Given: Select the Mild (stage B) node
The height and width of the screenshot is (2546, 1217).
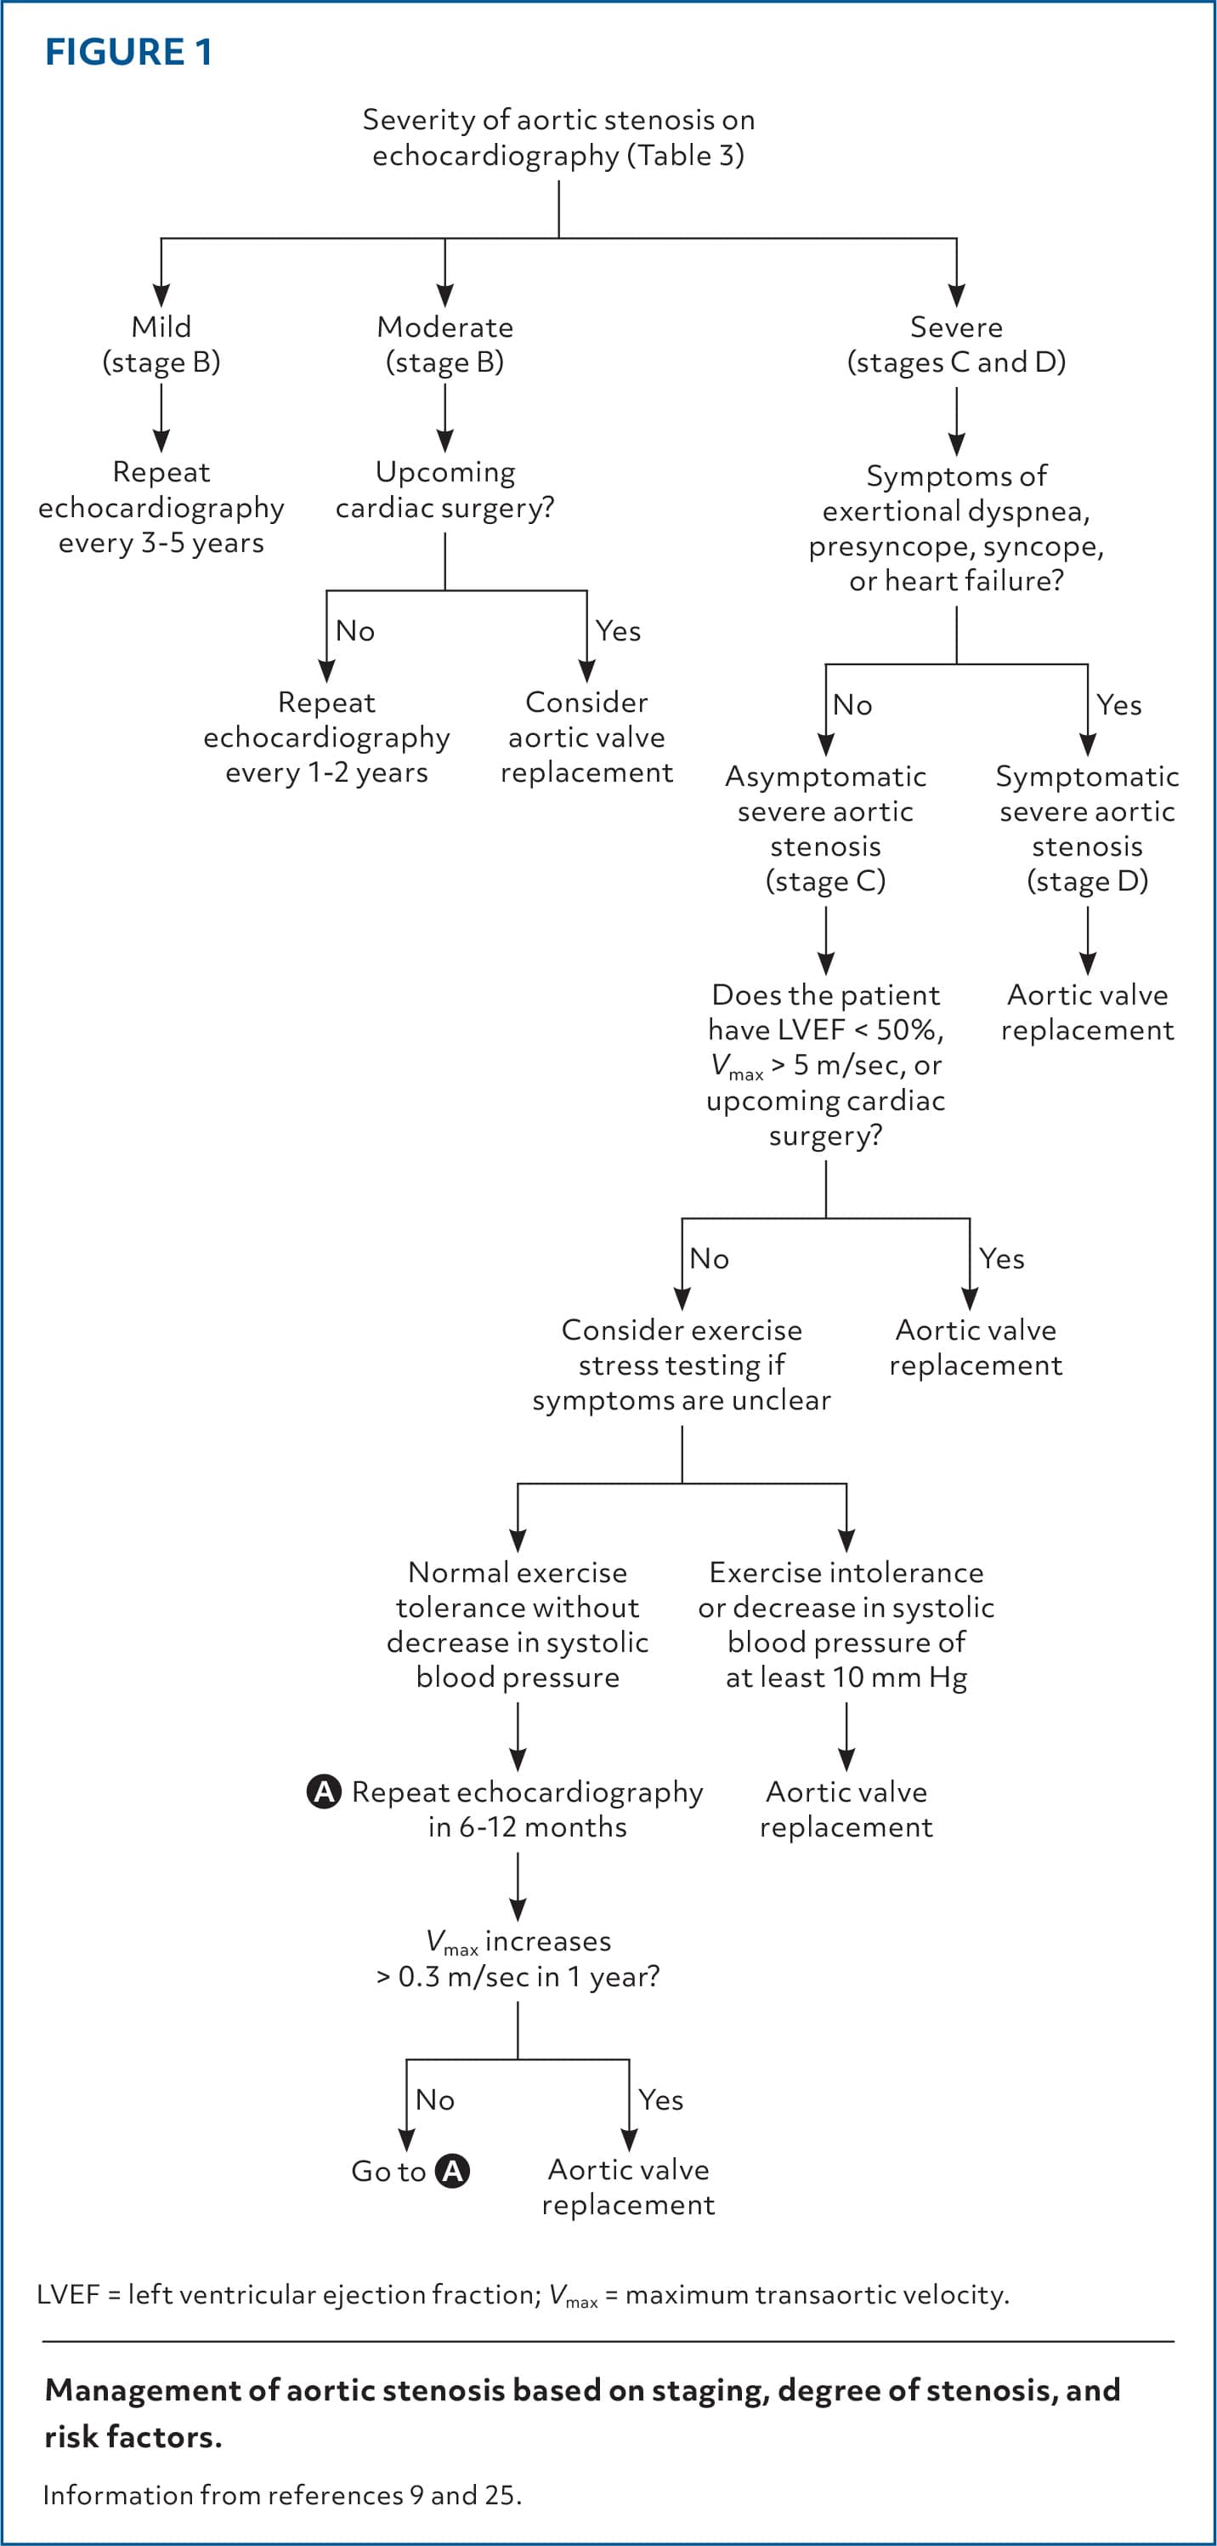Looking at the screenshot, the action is pos(161,344).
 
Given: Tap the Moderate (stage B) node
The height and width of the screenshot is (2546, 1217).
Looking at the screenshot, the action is pos(444,344).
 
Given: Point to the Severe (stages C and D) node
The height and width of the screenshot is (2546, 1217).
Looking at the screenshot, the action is pos(956,344).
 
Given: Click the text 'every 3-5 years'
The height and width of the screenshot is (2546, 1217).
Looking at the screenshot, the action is pos(161,543).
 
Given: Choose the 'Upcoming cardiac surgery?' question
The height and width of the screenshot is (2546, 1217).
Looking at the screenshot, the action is pos(444,489).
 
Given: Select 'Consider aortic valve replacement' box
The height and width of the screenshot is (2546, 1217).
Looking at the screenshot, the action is pos(586,738).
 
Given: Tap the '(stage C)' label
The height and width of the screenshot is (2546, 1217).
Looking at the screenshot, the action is pos(826,880).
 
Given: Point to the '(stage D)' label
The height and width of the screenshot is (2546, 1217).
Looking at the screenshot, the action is pos(1088,880).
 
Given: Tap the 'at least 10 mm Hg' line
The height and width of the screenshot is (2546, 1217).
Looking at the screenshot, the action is pos(846,1677).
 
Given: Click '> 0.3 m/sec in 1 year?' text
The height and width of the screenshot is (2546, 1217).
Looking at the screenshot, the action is pos(518,1977).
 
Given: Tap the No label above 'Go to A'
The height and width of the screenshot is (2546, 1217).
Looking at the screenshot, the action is pos(434,2099).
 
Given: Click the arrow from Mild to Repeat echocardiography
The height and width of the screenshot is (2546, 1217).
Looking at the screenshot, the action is pos(161,418).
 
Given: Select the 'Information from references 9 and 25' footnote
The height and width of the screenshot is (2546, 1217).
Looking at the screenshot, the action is pos(282,2495).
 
